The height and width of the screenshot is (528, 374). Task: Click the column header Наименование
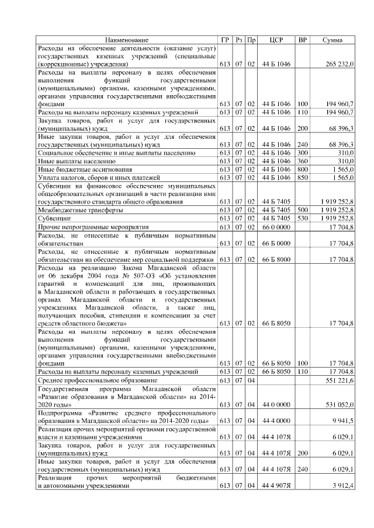click(127, 40)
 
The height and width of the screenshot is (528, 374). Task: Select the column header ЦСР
click(276, 40)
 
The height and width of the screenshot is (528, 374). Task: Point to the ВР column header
click(302, 40)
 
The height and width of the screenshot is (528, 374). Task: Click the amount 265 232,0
click(338, 64)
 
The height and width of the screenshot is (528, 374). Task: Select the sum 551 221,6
click(338, 380)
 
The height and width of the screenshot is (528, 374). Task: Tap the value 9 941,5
click(341, 421)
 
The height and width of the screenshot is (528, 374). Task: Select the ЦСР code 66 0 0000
click(276, 226)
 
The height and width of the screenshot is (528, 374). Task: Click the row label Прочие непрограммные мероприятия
click(85, 226)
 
